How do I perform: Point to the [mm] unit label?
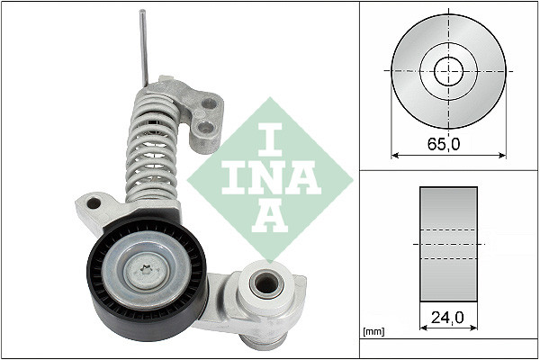click(372, 332)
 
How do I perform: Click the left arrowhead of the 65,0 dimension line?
click(395, 155)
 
